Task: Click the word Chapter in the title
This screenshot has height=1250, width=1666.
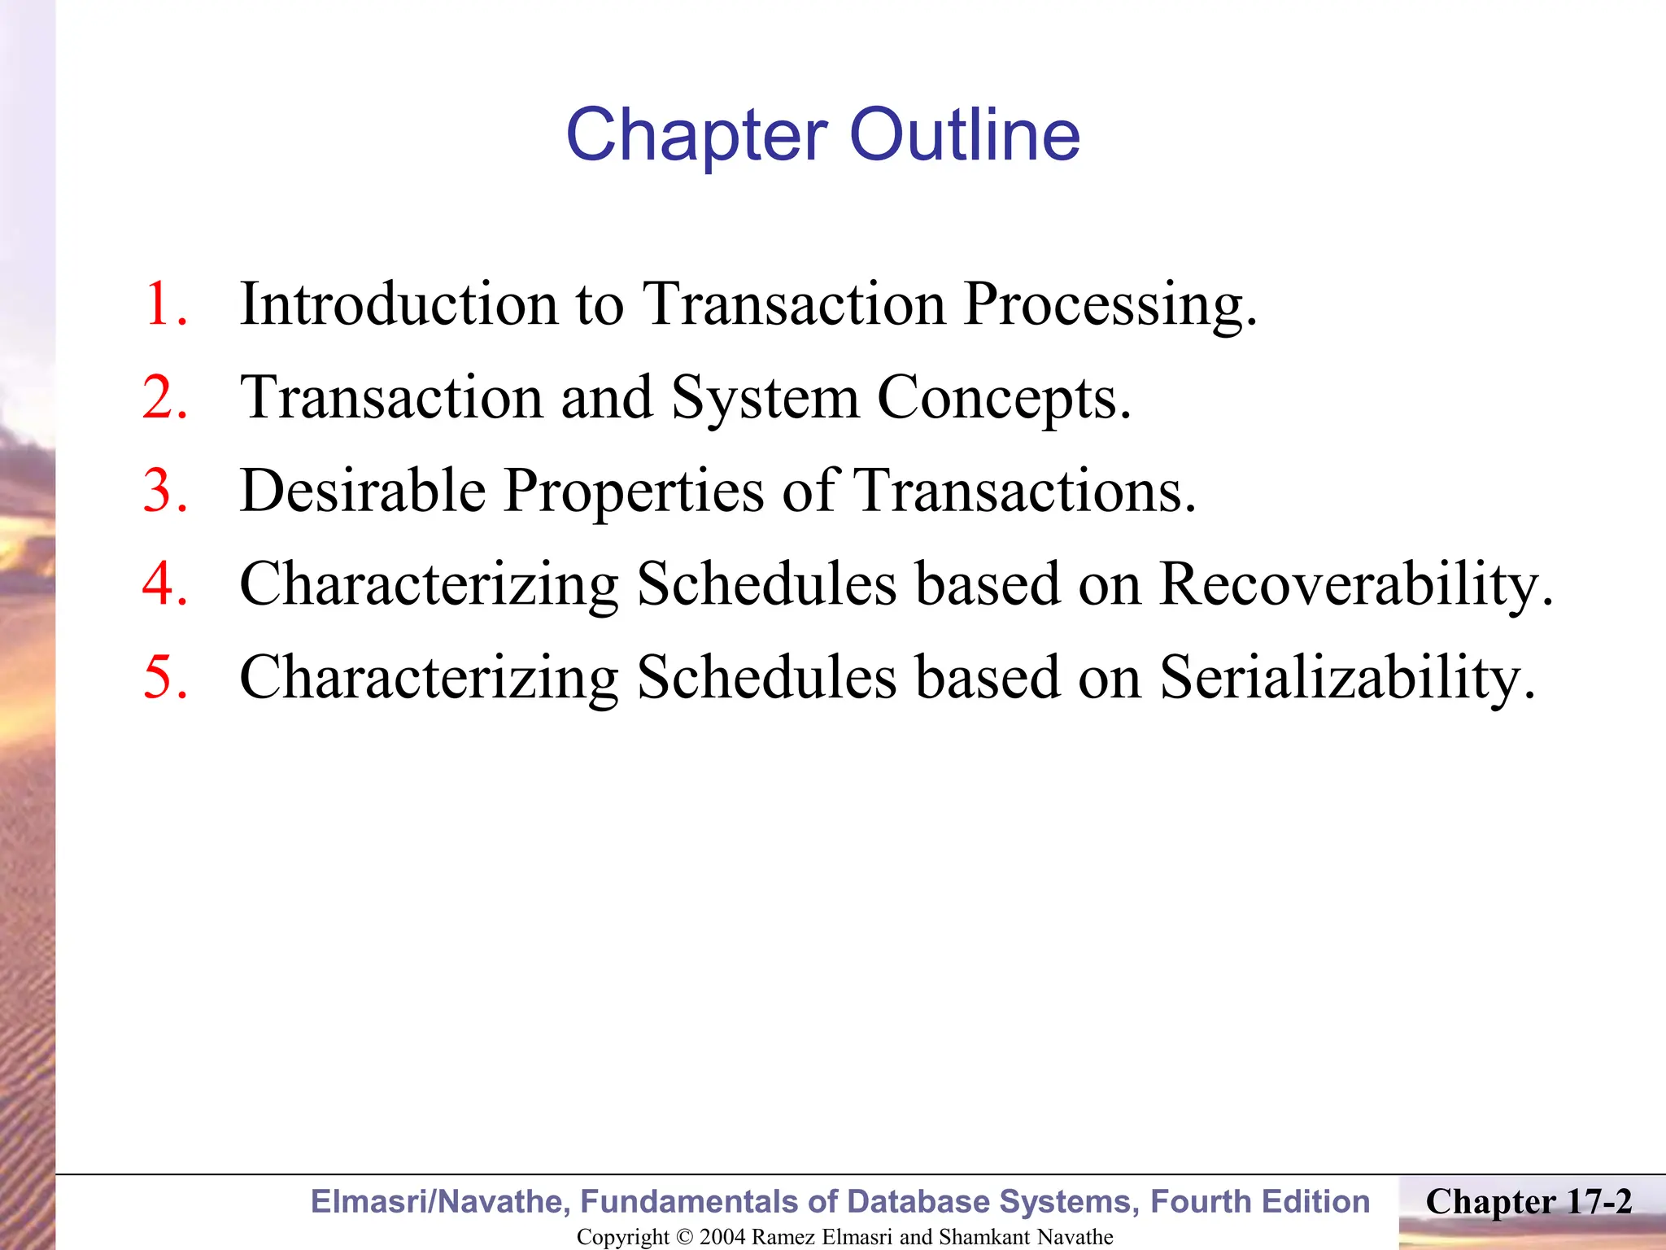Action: point(696,135)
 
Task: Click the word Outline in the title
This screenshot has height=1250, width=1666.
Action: point(965,135)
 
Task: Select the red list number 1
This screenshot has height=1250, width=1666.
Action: point(166,304)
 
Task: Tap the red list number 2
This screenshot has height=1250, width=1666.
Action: point(166,398)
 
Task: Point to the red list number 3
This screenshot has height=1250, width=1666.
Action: point(166,492)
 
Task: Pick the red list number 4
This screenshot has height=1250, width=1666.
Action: point(166,584)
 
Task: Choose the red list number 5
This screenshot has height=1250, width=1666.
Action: point(166,677)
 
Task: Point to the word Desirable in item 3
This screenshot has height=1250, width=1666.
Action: point(363,492)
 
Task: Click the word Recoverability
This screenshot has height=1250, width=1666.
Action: point(1355,584)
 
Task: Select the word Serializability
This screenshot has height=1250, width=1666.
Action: point(1347,677)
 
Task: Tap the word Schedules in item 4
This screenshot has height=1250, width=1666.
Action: point(767,584)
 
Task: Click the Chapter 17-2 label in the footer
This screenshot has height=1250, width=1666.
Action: point(1529,1202)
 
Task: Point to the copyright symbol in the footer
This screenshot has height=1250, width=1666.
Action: point(685,1237)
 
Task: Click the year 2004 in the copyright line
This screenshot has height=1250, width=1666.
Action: point(722,1237)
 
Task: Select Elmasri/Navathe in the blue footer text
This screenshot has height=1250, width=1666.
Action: point(440,1202)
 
